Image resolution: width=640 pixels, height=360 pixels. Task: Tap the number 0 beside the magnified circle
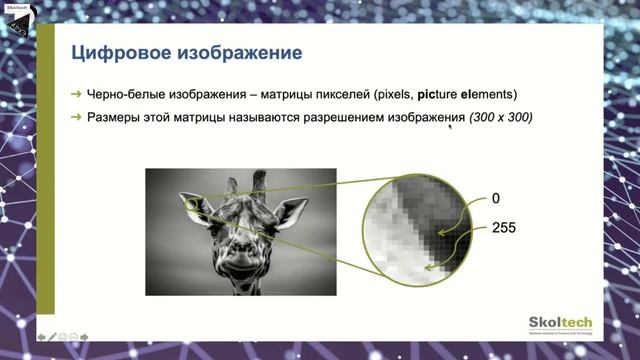coord(496,197)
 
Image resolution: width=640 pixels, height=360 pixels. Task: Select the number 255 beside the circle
coord(504,228)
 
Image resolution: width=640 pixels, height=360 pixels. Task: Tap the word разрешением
coord(315,118)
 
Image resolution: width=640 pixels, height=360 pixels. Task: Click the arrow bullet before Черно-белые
coord(77,94)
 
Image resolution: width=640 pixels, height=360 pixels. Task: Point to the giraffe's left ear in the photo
coord(196,205)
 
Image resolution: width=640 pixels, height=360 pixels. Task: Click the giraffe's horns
coord(246,184)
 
